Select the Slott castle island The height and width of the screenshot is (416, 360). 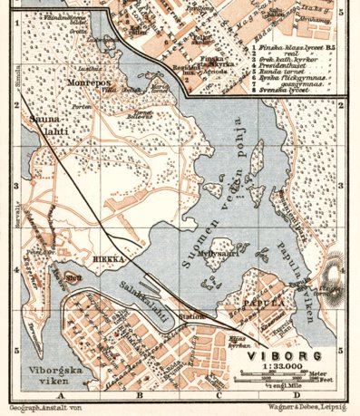(x=73, y=276)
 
